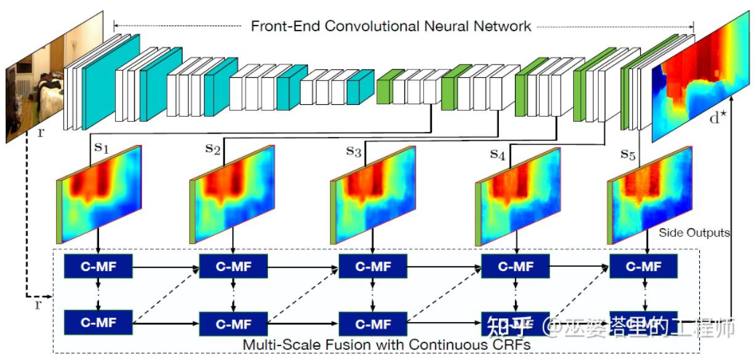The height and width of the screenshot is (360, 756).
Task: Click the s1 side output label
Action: coord(101,147)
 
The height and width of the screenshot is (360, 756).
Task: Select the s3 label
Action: coord(353,152)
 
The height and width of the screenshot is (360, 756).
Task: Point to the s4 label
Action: coord(497,154)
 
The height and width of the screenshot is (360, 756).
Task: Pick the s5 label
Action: coord(629,154)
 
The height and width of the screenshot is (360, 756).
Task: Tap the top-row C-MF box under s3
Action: coord(373,266)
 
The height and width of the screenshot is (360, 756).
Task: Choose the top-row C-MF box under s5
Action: coord(644,266)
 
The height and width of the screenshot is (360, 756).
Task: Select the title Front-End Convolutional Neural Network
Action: coord(391,26)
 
